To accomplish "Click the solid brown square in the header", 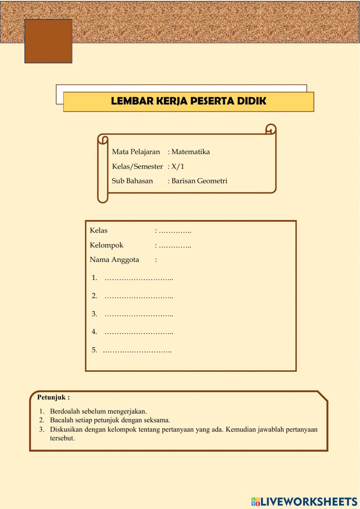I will point(48,41).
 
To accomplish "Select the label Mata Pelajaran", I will point(136,152).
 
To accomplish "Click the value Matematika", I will point(190,152).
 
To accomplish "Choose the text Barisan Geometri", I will point(199,181).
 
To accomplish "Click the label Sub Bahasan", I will point(132,181).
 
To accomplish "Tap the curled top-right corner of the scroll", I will point(271,129).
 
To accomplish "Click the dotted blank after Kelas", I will point(175,231).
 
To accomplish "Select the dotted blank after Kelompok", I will point(175,246).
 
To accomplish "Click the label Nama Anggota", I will point(114,260).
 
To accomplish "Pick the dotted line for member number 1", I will point(139,278).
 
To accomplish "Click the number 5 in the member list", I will point(94,350).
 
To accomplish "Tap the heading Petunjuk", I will point(53,397).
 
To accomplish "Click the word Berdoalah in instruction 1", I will point(65,411).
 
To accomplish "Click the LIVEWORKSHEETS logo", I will point(304,501).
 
